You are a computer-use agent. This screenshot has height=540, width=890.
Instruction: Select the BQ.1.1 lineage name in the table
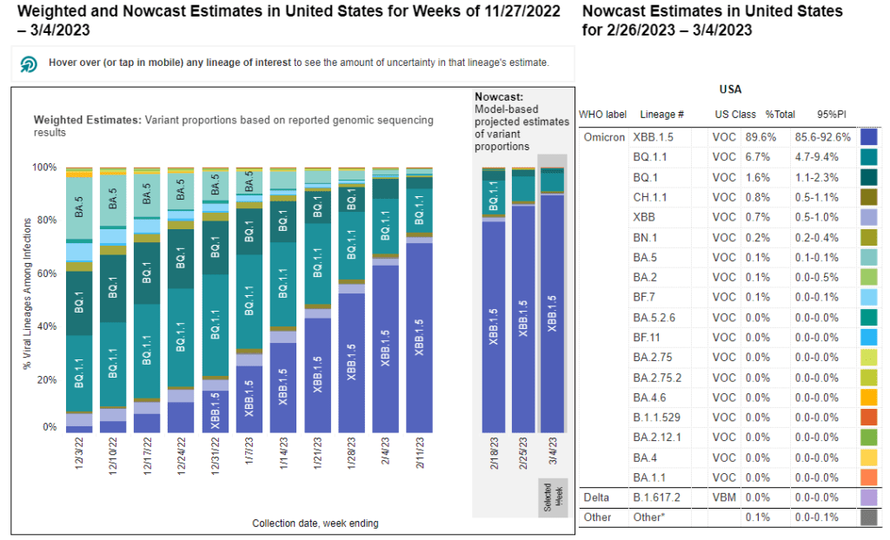point(651,156)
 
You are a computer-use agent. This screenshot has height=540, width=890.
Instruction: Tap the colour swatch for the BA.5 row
point(868,257)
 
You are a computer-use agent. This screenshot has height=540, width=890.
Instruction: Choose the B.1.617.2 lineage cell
point(659,497)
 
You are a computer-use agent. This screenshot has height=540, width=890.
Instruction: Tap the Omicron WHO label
point(603,136)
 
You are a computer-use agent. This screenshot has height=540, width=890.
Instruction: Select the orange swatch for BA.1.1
point(868,477)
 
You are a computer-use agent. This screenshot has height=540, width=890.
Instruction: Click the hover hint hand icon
point(29,63)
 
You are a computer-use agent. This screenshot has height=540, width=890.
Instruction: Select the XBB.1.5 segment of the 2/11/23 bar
point(420,339)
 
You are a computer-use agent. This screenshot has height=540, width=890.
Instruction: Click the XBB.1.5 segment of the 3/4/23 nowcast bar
point(552,313)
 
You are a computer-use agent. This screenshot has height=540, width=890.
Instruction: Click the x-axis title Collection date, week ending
point(315,524)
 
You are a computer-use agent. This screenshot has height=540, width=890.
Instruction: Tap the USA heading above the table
point(730,89)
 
